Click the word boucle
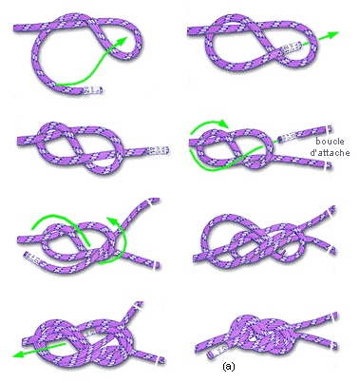tap(330, 142)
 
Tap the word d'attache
tap(330, 153)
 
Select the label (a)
tap(229, 367)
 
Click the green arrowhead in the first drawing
tap(123, 42)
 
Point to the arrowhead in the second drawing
tap(332, 34)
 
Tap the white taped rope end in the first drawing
tap(94, 90)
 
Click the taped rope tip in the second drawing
tap(291, 48)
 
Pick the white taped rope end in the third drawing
tap(159, 151)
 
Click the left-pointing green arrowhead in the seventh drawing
tap(18, 354)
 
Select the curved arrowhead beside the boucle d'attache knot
tap(224, 124)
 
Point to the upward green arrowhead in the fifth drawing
tap(110, 220)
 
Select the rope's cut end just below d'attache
tap(330, 165)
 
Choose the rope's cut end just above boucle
tap(330, 129)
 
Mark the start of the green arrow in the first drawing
tap(57, 85)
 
